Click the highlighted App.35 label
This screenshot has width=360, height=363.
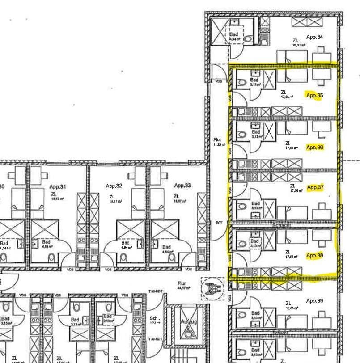click(314, 95)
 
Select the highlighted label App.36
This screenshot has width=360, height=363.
click(314, 147)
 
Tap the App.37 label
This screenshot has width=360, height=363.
click(314, 188)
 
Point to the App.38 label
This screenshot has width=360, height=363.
click(314, 256)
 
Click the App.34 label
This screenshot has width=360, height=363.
click(314, 37)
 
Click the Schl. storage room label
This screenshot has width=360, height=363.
click(154, 315)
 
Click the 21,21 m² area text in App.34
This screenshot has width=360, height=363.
click(298, 45)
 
